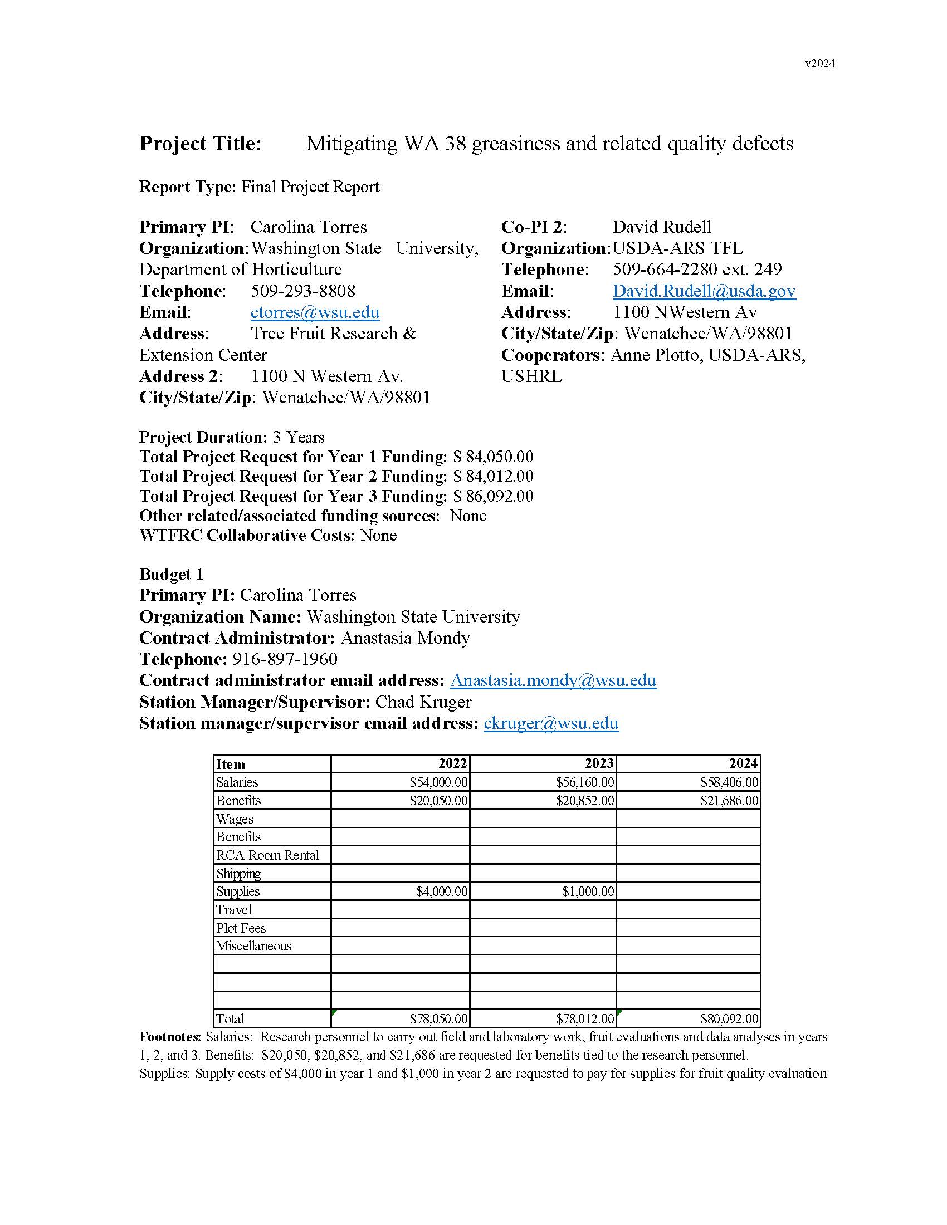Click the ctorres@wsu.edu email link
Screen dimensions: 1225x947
(315, 312)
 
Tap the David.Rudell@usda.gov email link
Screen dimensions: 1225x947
(704, 291)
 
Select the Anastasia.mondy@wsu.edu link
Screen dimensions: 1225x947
(553, 680)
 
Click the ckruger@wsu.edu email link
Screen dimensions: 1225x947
(550, 723)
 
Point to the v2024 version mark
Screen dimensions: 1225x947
(819, 64)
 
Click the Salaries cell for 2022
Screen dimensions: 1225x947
(438, 782)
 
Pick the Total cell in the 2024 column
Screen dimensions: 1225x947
(729, 1018)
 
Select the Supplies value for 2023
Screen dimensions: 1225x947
(588, 892)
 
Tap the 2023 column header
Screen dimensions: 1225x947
(599, 764)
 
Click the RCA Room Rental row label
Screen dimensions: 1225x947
(267, 855)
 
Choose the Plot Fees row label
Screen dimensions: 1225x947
(241, 928)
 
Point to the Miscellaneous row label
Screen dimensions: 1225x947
(253, 946)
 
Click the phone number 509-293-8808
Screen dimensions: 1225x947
(303, 291)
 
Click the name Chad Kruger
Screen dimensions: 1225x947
(423, 702)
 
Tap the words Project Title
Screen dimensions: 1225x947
(201, 144)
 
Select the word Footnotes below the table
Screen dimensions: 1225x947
(170, 1037)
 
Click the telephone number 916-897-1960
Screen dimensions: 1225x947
(285, 659)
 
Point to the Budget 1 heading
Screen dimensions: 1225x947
(171, 575)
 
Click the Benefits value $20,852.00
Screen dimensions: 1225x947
(584, 801)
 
